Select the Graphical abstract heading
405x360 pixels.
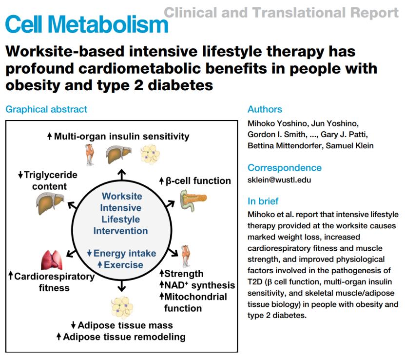(x=47, y=109)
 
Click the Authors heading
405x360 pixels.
(x=265, y=109)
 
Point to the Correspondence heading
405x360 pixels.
(x=285, y=168)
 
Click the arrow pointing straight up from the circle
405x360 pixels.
(x=121, y=174)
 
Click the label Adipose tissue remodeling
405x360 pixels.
(x=125, y=337)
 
